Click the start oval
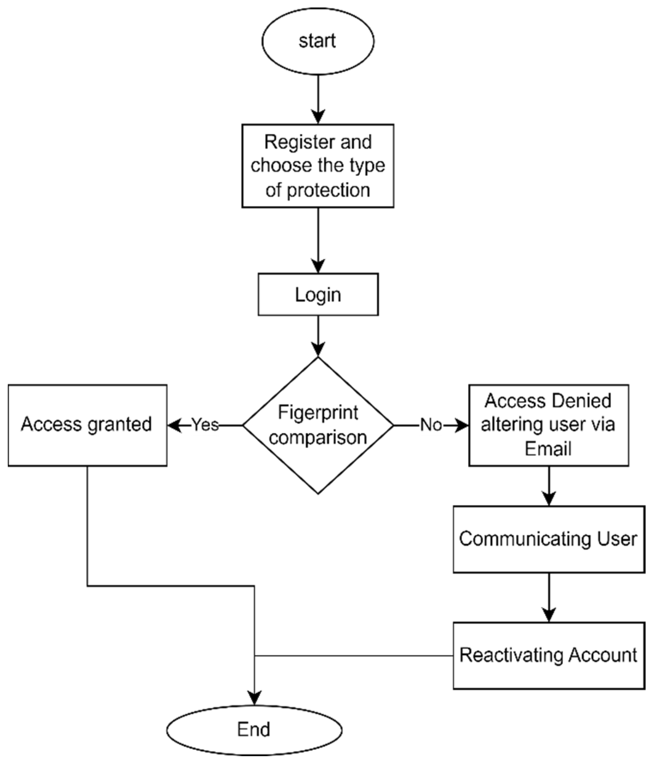click(317, 41)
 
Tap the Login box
click(318, 294)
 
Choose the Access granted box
click(87, 425)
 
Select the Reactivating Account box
click(549, 655)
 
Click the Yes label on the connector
click(205, 425)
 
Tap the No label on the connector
click(431, 425)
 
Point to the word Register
click(288, 142)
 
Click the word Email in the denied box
click(548, 449)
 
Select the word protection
click(328, 190)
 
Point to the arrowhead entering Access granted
click(174, 426)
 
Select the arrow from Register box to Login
click(318, 240)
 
